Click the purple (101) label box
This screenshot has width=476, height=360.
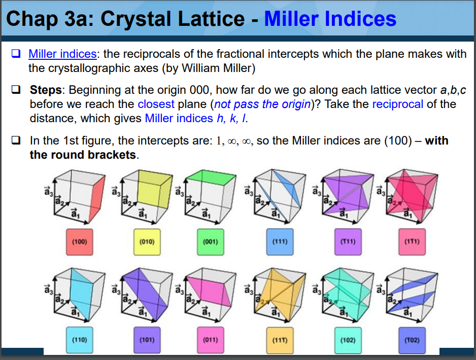pos(147,339)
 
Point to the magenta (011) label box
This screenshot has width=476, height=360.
pos(210,339)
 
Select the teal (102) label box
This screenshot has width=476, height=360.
pos(348,339)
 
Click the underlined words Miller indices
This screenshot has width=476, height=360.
pos(62,54)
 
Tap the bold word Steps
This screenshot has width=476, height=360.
pos(46,90)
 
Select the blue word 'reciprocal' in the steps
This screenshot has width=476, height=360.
pos(397,104)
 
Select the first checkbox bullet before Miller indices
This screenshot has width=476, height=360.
pos(16,54)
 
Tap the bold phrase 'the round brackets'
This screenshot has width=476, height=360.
pos(83,155)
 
